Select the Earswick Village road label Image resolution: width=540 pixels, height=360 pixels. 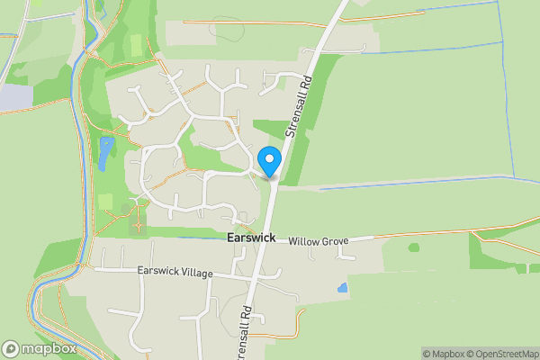click(175, 272)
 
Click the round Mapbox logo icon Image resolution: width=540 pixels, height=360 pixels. click(11, 349)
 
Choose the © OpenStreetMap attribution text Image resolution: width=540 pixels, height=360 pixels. click(502, 354)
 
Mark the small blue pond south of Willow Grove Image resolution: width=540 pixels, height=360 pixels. click(342, 289)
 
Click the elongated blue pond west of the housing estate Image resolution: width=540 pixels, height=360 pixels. click(105, 153)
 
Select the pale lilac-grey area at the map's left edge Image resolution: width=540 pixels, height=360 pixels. click(13, 95)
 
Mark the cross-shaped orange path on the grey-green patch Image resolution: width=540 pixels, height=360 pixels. click(138, 217)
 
